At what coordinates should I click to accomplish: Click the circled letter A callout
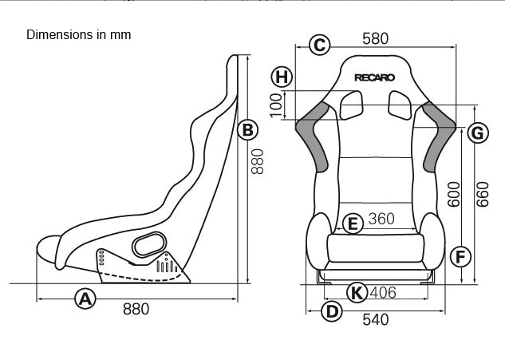coord(85,299)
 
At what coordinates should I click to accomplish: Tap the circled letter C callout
coord(320,45)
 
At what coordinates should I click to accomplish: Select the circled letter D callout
coord(330,311)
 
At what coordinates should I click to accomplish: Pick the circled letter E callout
coord(352,223)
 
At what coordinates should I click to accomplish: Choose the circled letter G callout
coord(477,133)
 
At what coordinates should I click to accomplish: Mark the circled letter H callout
coord(281,77)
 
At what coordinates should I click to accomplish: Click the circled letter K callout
coord(357,292)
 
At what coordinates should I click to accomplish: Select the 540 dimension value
coord(375,319)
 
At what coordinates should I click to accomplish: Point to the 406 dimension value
coord(383,293)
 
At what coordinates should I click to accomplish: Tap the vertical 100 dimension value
coord(277,104)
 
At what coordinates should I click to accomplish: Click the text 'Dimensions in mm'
coord(78,35)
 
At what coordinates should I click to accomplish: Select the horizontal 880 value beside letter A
coord(136,309)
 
